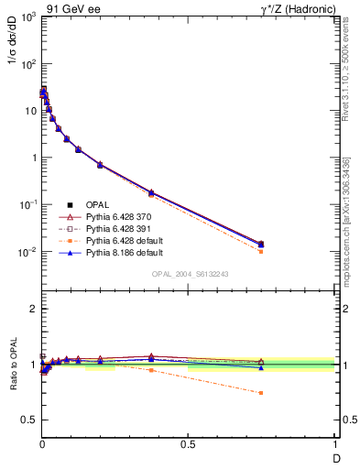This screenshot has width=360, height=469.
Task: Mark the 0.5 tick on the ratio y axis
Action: coord(29,419)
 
